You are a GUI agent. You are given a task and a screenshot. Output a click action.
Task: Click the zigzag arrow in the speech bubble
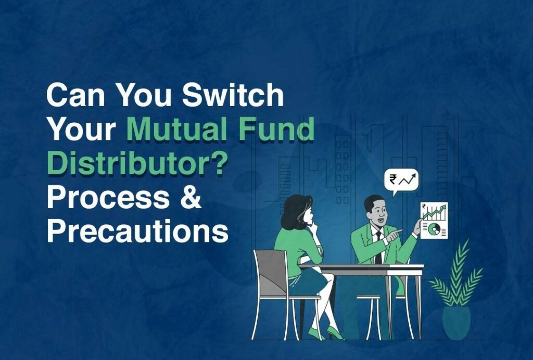coord(409,180)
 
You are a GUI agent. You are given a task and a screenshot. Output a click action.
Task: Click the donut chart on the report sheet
coord(432,228)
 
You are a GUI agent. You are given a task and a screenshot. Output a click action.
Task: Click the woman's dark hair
coord(296,211)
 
